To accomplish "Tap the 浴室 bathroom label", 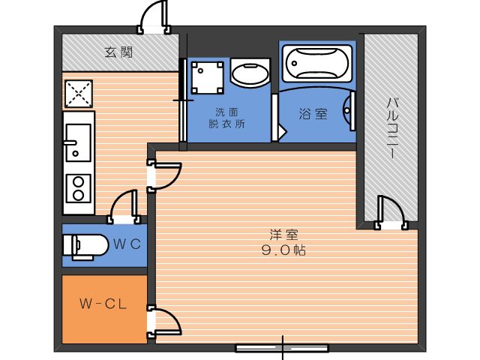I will (x=313, y=114).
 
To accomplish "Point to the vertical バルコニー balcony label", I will (x=391, y=127).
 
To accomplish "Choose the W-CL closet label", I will (x=101, y=304).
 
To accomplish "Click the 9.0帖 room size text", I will (x=283, y=251).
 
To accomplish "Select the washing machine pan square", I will (x=206, y=78).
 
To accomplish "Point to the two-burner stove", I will (x=77, y=188).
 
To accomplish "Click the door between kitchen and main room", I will (x=165, y=176).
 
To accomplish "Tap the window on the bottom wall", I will (x=282, y=347).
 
